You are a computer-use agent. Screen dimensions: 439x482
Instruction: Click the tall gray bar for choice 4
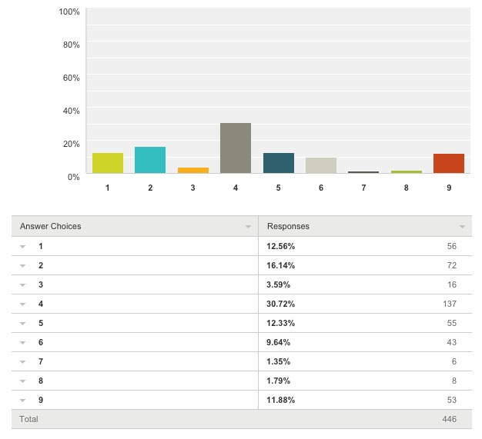click(x=236, y=148)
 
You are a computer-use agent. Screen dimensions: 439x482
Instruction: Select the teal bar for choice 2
click(x=150, y=160)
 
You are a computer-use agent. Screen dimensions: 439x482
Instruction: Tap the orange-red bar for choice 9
click(x=449, y=163)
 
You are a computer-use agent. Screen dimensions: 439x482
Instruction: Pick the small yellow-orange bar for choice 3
click(x=193, y=170)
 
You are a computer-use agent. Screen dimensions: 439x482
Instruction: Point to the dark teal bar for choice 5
click(x=279, y=163)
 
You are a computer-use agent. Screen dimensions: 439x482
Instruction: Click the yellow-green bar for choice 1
click(x=108, y=163)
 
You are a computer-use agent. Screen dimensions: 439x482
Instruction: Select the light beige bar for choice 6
click(x=321, y=165)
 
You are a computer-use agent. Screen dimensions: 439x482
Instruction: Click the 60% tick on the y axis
click(x=70, y=78)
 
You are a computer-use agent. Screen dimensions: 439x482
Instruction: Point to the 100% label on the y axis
click(x=69, y=12)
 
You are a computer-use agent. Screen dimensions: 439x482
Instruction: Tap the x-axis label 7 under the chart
click(x=364, y=188)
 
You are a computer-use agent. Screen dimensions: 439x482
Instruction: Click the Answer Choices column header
click(x=51, y=226)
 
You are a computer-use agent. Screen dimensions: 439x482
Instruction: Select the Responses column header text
click(x=288, y=226)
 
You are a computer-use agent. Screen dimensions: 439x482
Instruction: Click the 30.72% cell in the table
click(x=281, y=304)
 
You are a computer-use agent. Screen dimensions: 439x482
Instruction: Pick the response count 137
click(x=449, y=304)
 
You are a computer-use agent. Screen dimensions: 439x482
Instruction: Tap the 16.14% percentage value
click(x=281, y=265)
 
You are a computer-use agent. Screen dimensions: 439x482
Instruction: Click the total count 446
click(x=449, y=419)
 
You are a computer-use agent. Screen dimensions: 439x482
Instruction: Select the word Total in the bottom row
click(x=29, y=419)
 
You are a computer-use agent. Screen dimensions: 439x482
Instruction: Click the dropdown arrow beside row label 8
click(x=23, y=381)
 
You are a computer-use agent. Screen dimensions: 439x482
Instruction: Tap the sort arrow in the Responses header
click(x=462, y=227)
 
